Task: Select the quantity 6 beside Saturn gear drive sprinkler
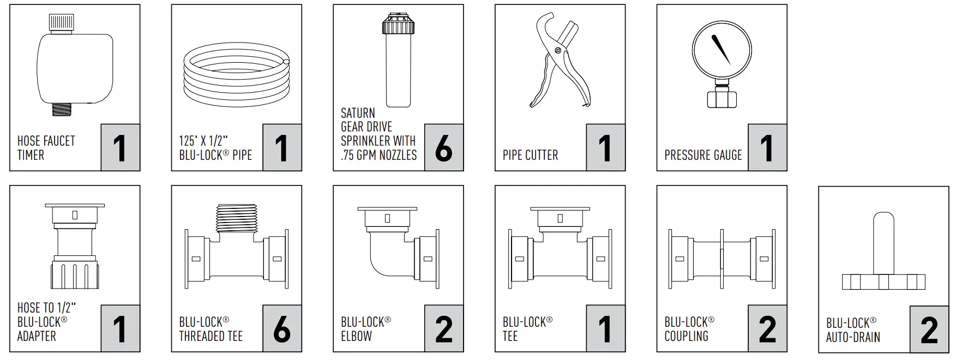[443, 148]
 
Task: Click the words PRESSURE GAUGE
[703, 155]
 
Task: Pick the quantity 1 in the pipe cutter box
[605, 148]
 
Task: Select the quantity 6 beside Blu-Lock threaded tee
[281, 329]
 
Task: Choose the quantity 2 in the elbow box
[443, 329]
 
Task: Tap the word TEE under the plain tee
[510, 337]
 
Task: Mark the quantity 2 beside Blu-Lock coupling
[767, 329]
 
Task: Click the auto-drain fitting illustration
[883, 256]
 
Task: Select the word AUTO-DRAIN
[853, 338]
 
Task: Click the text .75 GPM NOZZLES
[378, 155]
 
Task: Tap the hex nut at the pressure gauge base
[721, 99]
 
